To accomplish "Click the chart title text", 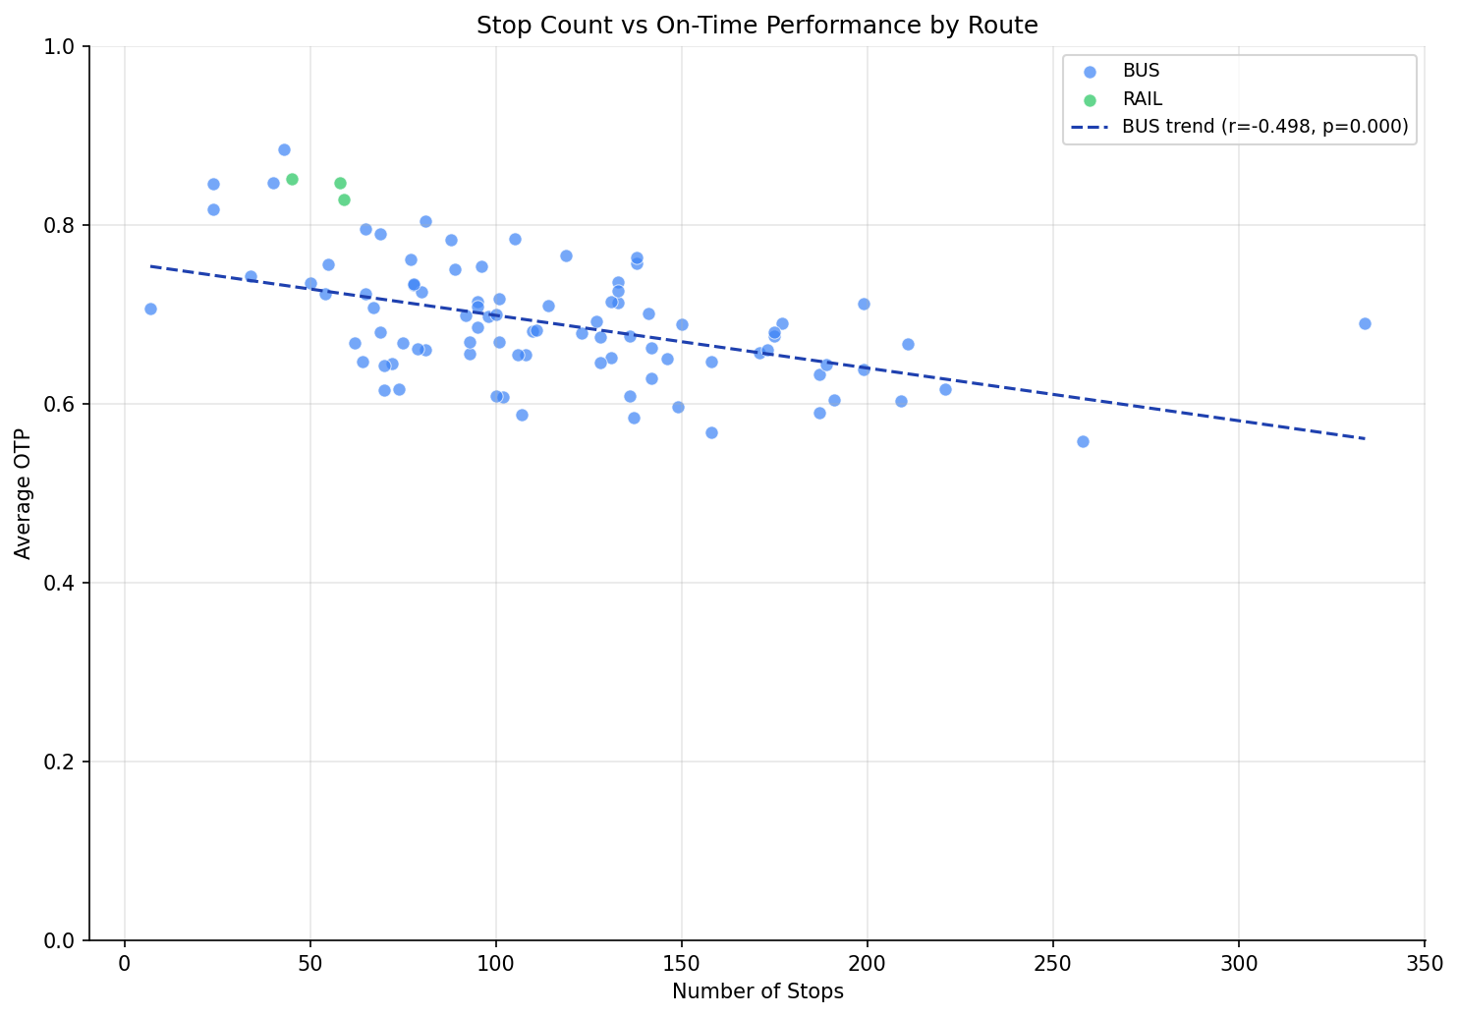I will click(x=757, y=26).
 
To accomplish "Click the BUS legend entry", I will click(x=1141, y=71).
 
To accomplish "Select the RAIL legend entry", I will click(x=1143, y=99).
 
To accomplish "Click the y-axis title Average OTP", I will click(x=24, y=493).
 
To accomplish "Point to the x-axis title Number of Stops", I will click(x=757, y=991).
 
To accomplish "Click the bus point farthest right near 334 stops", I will click(x=1365, y=323).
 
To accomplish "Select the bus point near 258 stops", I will click(x=1083, y=441).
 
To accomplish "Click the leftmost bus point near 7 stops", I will click(x=150, y=309).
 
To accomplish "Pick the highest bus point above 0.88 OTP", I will click(x=284, y=149).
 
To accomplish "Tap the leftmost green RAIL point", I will click(x=292, y=179).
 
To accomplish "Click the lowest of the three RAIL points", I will click(x=344, y=199).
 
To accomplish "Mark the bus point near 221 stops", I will click(x=945, y=389).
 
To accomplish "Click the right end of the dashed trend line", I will click(x=1365, y=438).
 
